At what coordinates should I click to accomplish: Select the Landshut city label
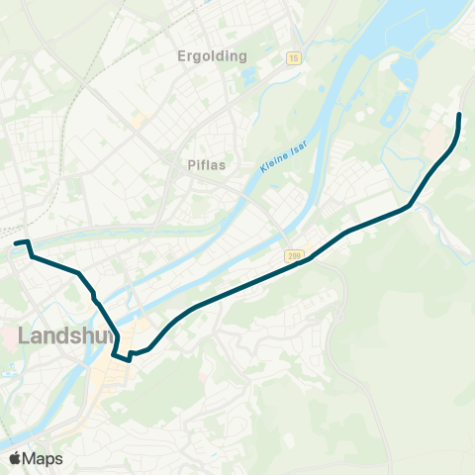pyautogui.click(x=54, y=336)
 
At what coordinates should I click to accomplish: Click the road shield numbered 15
pyautogui.click(x=293, y=59)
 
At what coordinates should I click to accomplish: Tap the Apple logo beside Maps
pyautogui.click(x=15, y=458)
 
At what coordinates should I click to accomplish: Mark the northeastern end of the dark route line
pyautogui.click(x=459, y=117)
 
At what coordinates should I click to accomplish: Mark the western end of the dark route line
pyautogui.click(x=16, y=242)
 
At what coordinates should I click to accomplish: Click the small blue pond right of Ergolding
pyautogui.click(x=249, y=76)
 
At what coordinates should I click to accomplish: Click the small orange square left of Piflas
pyautogui.click(x=138, y=120)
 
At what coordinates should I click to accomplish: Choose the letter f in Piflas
pyautogui.click(x=204, y=166)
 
